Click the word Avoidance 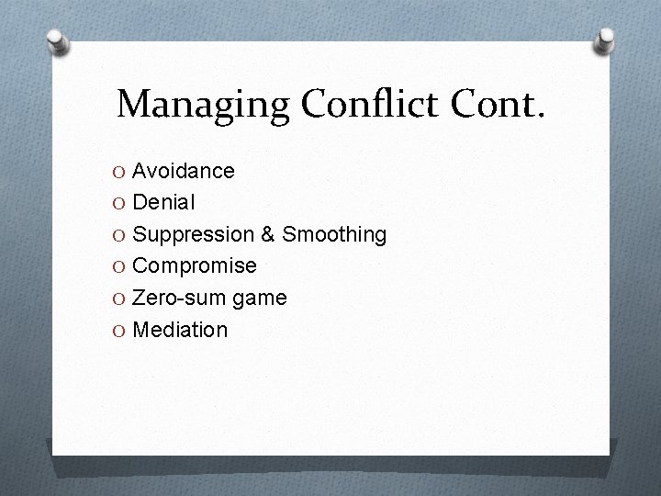[x=184, y=171]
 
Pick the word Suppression [x=194, y=234]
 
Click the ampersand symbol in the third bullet [x=268, y=234]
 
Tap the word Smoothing [x=334, y=234]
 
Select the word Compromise [x=195, y=265]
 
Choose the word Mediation [x=180, y=329]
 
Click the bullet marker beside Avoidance [x=120, y=172]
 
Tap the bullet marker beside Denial [x=120, y=203]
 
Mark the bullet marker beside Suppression [x=120, y=235]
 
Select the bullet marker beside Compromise [x=120, y=266]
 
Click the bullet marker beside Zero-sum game [x=120, y=299]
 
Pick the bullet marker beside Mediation [x=120, y=330]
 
